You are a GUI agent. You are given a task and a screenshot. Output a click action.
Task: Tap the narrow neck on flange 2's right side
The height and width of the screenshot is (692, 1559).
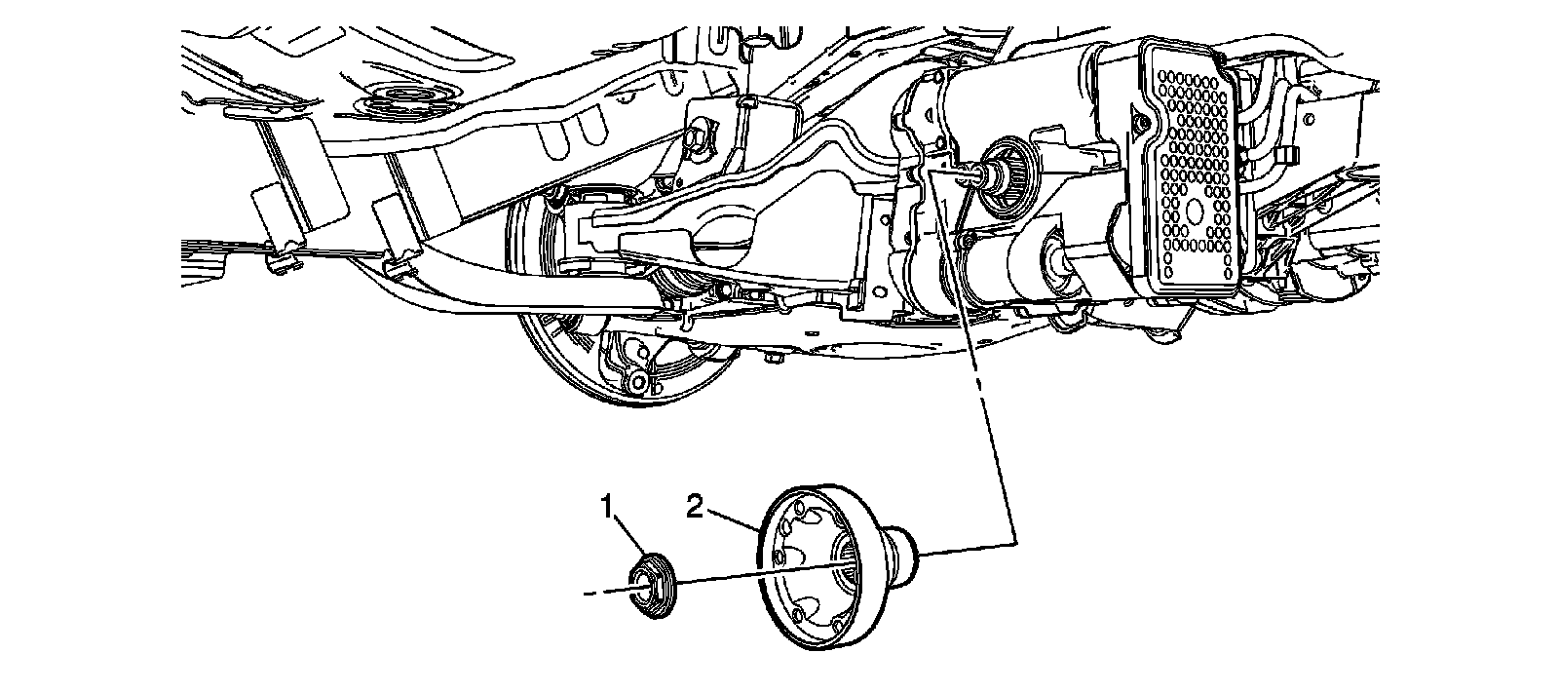point(902,550)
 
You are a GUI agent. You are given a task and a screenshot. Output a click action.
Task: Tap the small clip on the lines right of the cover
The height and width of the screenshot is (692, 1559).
point(1284,156)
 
